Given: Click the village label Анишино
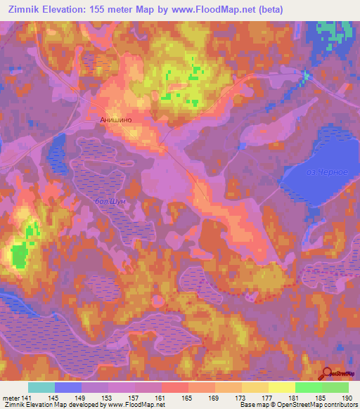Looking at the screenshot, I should coord(116,119).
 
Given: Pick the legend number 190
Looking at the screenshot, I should coord(345,398).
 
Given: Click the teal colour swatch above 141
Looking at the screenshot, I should coord(41,387).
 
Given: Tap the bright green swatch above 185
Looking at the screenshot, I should coord(308,387).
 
